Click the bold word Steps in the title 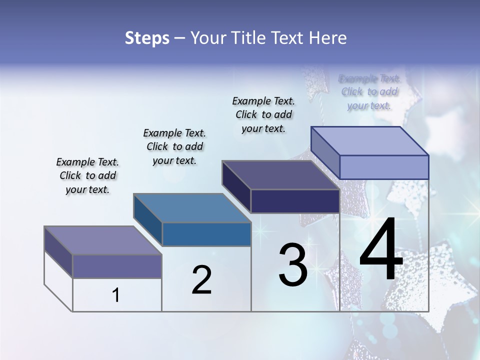click(146, 38)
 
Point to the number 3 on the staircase click(293, 265)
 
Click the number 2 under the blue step click(201, 280)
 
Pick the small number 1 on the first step click(116, 295)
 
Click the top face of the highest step click(369, 141)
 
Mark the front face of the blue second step click(206, 234)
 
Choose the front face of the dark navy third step click(295, 201)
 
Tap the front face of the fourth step click(384, 167)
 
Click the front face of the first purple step click(117, 266)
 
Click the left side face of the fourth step click(325, 152)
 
